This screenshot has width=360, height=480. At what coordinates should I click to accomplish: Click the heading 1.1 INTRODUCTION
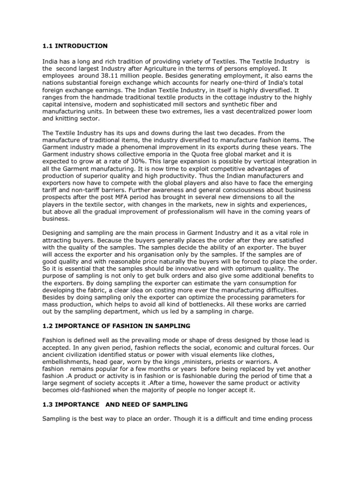[x=75, y=45]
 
